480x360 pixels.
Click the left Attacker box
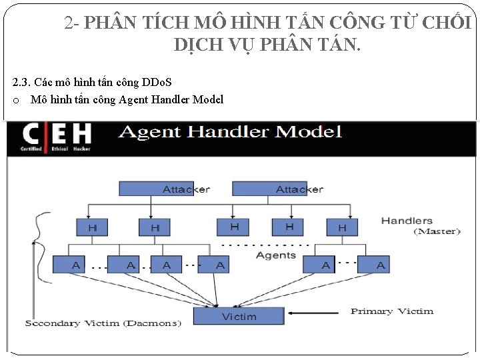coord(175,189)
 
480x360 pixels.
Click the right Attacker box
coord(288,189)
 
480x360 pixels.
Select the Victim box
coord(239,315)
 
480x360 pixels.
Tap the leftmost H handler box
coord(93,227)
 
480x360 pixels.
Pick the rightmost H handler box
coord(342,227)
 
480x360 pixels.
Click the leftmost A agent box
coord(75,265)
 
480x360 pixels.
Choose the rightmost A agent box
coord(380,265)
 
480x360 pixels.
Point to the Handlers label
coord(407,220)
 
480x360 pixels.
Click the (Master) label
coord(437,231)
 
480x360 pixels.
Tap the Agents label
coord(276,255)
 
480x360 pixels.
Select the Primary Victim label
coord(392,311)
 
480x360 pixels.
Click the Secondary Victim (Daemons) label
coord(103,323)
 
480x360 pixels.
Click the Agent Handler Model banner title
coord(230,132)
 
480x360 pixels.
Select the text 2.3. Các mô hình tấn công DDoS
coord(92,82)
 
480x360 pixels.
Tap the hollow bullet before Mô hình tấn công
coord(16,100)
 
